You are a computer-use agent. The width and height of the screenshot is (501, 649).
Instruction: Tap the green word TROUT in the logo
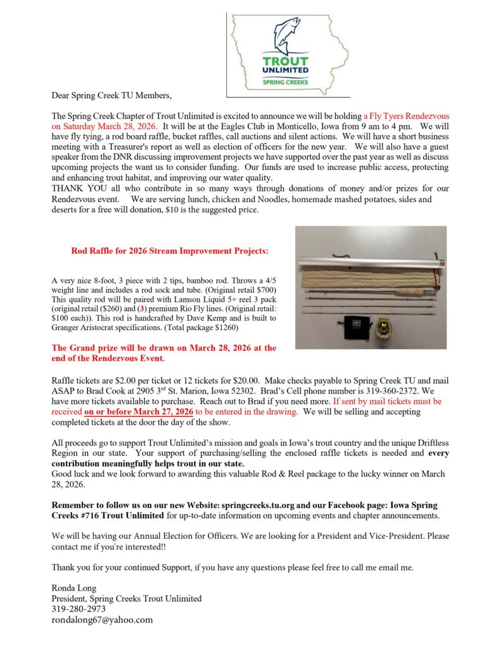286,61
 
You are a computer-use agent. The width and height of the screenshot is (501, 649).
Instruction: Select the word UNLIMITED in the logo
286,70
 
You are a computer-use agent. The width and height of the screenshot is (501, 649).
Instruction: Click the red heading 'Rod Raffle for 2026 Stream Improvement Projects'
170,251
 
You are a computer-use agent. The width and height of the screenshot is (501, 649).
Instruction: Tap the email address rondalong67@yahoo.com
102,620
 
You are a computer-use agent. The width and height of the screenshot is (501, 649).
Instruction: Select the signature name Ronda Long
70,588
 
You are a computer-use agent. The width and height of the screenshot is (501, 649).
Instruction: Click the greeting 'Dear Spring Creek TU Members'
111,96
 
